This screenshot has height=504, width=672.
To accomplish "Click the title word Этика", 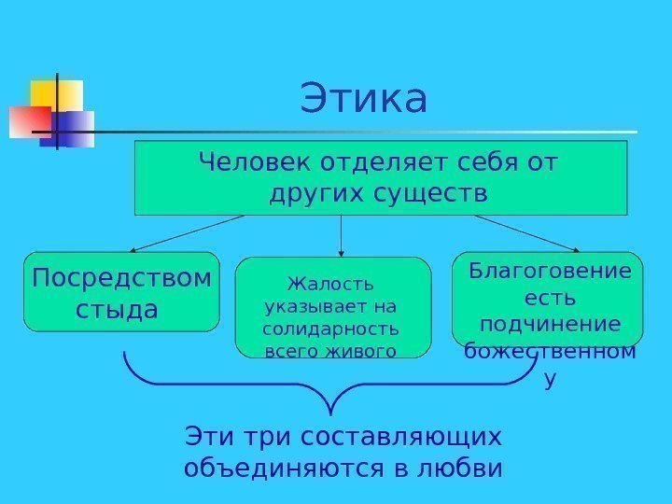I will coord(364,100).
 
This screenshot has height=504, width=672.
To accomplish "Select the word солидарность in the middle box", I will coord(330,329).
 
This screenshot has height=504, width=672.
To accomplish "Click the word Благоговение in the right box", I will coord(549,272).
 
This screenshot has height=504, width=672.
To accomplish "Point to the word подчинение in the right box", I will coord(549,324).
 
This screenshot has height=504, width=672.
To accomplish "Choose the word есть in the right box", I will coord(549,298).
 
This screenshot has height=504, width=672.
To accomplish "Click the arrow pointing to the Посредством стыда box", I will coord(187,233).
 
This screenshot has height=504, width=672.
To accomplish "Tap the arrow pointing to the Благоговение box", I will coord(527,233).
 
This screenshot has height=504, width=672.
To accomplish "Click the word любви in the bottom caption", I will coord(464,466).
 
